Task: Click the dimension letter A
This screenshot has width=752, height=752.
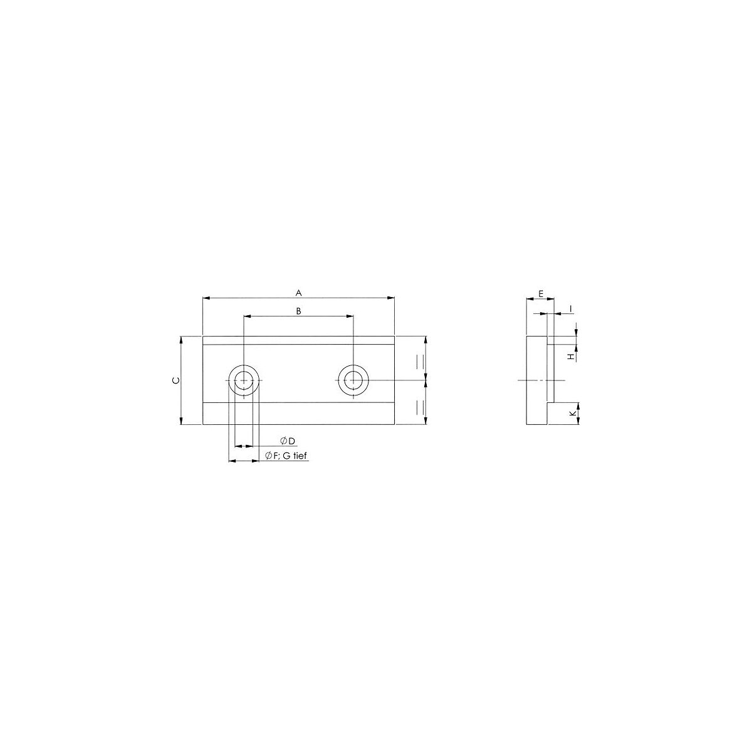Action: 298,293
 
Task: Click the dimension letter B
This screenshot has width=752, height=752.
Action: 298,311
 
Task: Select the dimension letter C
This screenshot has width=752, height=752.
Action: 176,380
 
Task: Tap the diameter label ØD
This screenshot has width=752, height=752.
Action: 288,441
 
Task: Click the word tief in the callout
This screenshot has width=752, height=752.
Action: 300,456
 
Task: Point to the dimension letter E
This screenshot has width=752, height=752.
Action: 540,294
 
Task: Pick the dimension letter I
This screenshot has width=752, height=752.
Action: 571,309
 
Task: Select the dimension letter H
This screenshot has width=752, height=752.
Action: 572,357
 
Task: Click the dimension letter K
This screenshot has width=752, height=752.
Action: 572,413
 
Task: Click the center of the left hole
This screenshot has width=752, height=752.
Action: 244,380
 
